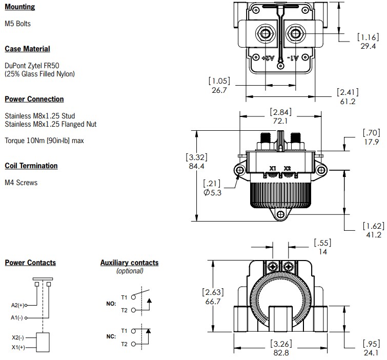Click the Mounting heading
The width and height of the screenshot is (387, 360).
[x=20, y=7]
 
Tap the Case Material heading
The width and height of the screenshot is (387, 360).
[x=27, y=49]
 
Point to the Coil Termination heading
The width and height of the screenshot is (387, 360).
[x=31, y=166]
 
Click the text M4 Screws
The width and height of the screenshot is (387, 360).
[x=21, y=183]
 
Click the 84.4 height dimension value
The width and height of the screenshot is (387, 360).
[x=197, y=166]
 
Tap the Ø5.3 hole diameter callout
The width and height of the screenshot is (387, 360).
[x=212, y=192]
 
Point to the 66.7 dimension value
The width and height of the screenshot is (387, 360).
[x=212, y=302]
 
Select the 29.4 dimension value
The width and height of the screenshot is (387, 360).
[x=368, y=46]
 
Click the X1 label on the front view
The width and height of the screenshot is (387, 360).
[x=273, y=168]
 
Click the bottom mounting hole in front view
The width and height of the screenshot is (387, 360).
[x=280, y=215]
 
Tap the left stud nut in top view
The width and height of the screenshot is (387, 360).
[x=265, y=35]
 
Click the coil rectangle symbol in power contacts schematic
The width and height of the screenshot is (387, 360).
[x=42, y=342]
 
